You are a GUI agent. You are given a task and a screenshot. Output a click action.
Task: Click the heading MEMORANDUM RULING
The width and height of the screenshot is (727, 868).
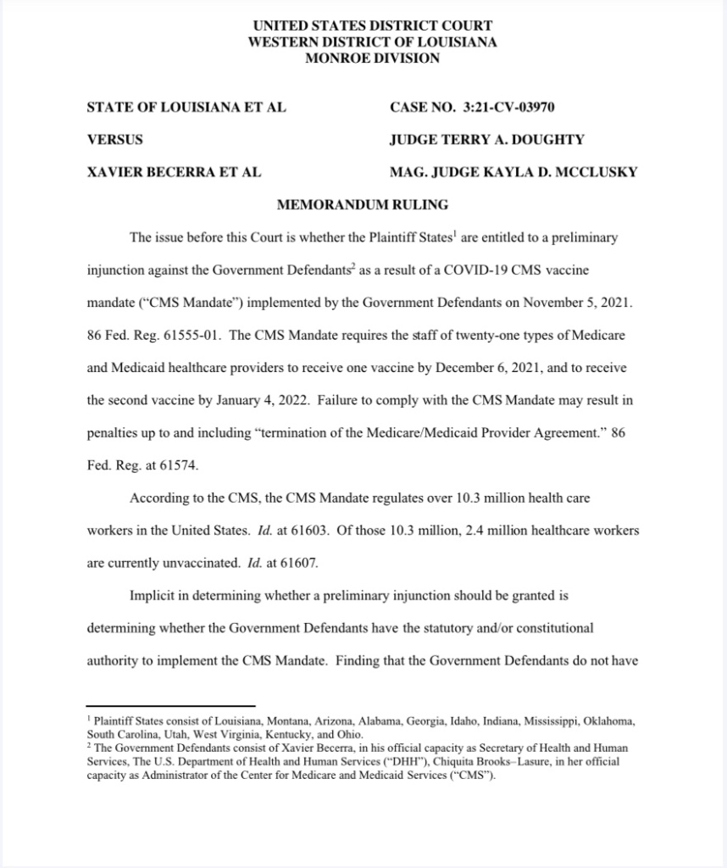click(363, 204)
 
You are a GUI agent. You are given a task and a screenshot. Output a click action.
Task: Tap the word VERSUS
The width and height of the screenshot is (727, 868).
click(115, 140)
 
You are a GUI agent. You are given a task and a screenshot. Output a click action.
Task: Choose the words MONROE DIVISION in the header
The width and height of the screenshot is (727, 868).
click(372, 58)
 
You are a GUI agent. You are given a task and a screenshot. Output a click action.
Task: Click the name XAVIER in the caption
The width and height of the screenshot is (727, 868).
click(114, 172)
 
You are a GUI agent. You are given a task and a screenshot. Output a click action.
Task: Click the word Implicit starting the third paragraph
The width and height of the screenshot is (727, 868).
click(154, 595)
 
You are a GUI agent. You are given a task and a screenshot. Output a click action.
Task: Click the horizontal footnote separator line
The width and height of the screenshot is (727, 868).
click(170, 706)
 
